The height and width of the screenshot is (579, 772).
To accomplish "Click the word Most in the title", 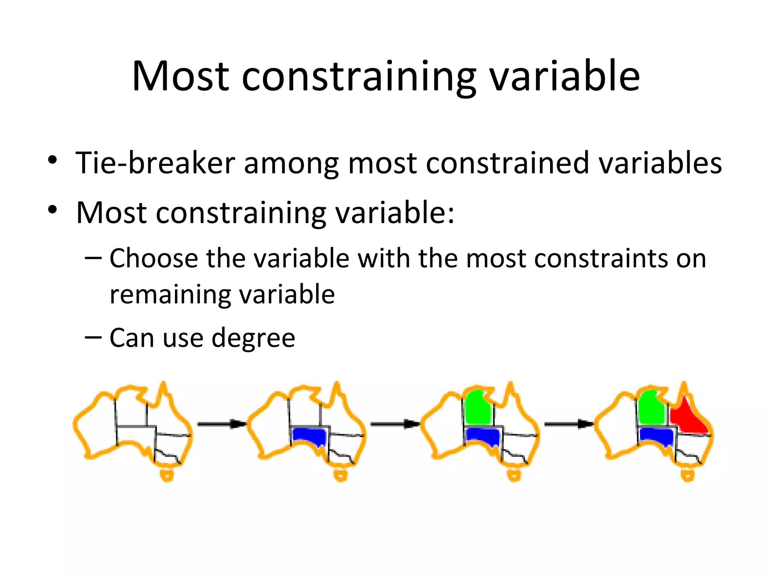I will (181, 77).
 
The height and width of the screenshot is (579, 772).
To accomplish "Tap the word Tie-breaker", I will (155, 163).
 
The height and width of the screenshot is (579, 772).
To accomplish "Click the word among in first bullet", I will (291, 163).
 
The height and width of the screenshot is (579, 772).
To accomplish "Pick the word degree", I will (253, 338).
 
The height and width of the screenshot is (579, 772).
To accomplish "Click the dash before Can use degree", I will (93, 337).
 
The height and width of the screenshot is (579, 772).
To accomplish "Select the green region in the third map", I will (478, 408).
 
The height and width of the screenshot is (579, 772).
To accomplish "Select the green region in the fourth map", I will (651, 408).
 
